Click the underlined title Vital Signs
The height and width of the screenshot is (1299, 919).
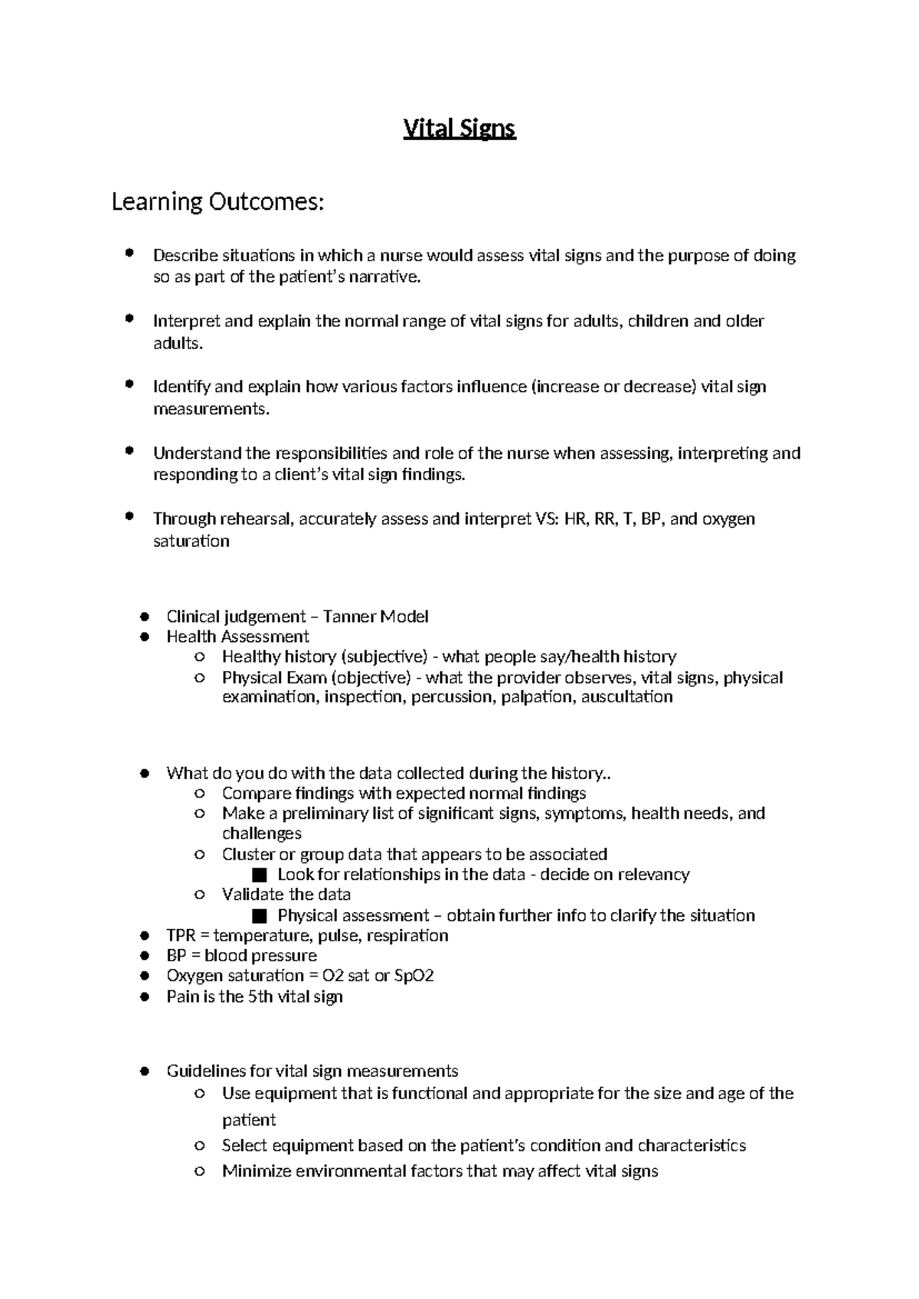(x=459, y=129)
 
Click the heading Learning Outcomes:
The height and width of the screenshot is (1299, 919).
(x=218, y=202)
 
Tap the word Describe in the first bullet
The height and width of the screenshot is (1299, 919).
(x=185, y=255)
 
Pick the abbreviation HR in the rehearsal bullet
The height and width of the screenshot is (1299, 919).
(x=573, y=519)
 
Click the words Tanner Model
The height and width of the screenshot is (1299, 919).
(x=375, y=616)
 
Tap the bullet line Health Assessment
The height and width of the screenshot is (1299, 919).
(x=237, y=636)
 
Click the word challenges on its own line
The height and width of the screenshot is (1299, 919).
(x=262, y=833)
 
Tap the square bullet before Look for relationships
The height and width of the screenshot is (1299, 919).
(x=259, y=875)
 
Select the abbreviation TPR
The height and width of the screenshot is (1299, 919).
(x=182, y=935)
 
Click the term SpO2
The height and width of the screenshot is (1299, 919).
(x=414, y=976)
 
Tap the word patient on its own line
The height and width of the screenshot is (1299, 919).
(x=248, y=1120)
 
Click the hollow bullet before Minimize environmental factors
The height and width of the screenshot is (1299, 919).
(x=199, y=1171)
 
